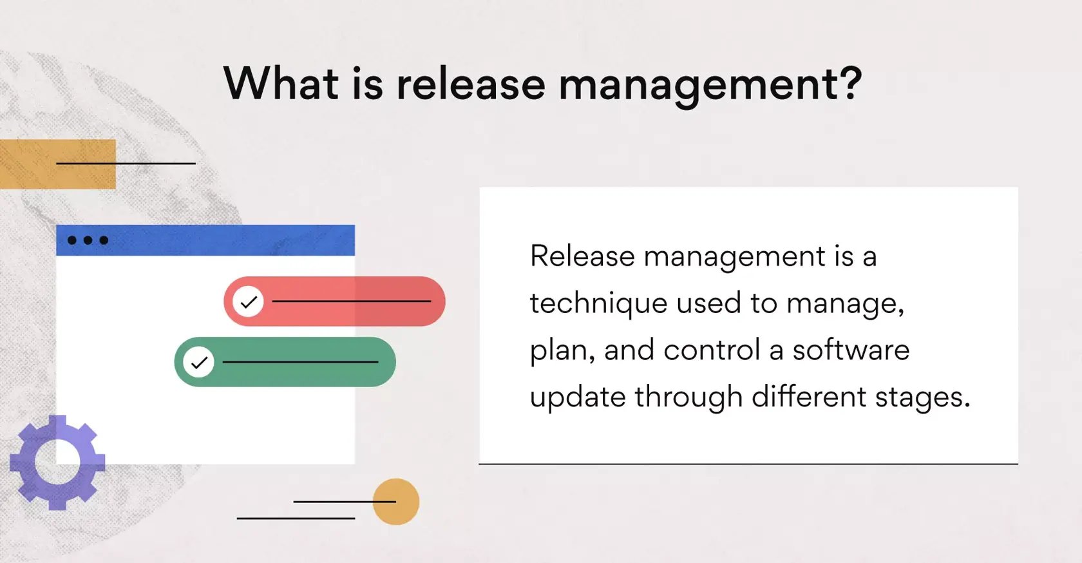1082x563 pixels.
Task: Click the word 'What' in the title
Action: [x=281, y=84]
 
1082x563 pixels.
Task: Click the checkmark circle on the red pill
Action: [x=249, y=301]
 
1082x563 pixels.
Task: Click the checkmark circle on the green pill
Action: [x=199, y=362]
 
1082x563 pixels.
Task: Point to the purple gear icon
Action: [x=57, y=463]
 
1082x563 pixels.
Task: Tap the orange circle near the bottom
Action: [x=396, y=501]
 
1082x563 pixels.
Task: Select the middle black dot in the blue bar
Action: [x=88, y=240]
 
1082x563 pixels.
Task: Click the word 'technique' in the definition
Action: [x=598, y=303]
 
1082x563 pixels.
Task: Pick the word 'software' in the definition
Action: [x=850, y=350]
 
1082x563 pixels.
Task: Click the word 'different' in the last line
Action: [x=808, y=396]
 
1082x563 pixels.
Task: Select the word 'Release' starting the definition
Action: [x=582, y=256]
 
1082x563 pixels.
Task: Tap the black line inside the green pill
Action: [x=300, y=362]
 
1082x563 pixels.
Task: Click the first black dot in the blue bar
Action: [x=72, y=240]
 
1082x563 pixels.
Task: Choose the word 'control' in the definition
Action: [x=712, y=350]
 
